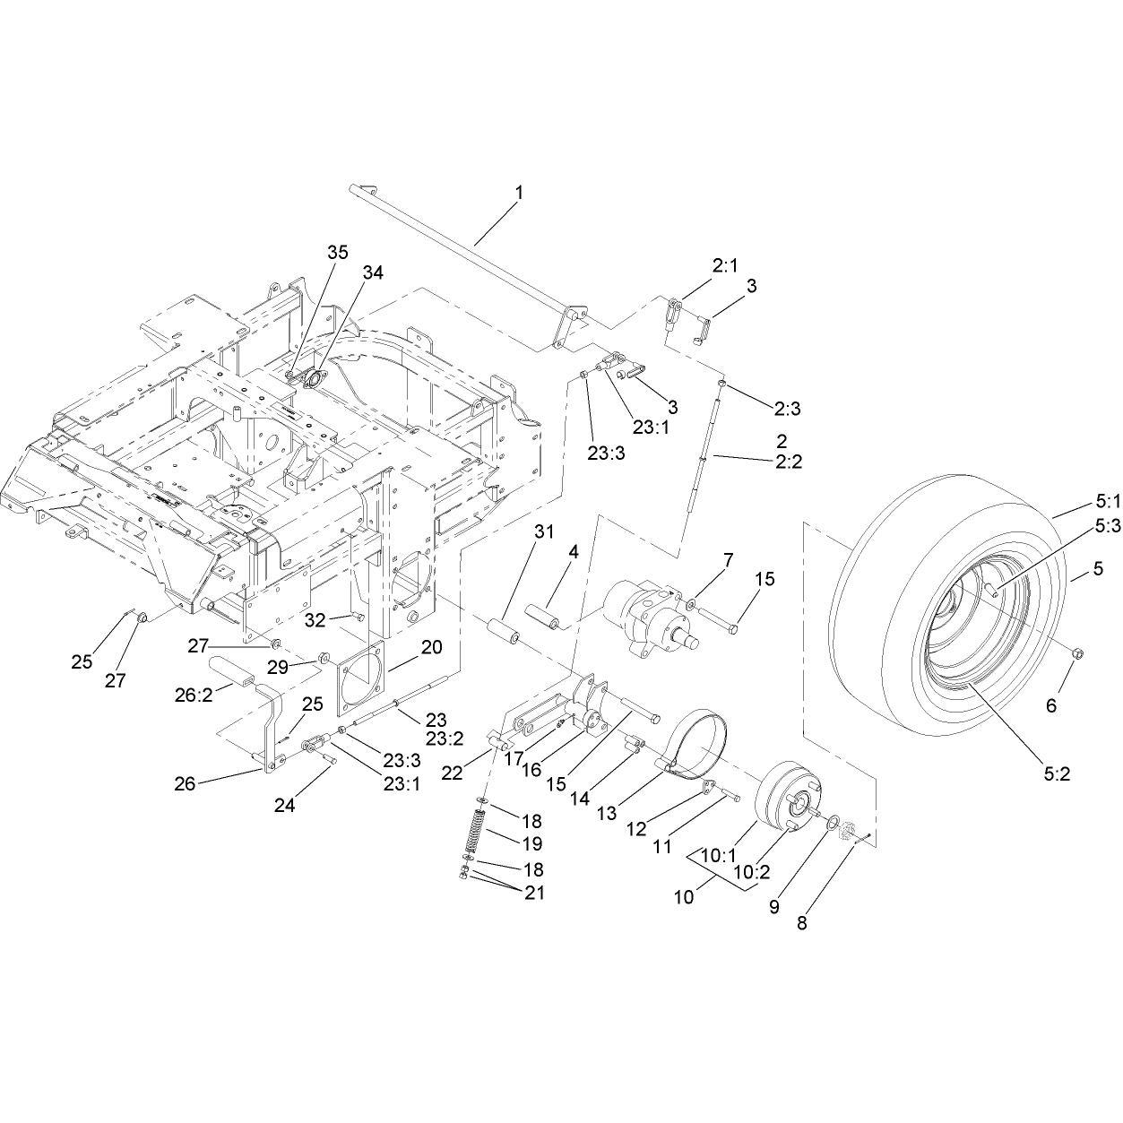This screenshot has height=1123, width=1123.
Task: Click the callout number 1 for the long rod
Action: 519,193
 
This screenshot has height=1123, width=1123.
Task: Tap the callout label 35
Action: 337,253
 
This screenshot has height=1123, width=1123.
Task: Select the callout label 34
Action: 373,272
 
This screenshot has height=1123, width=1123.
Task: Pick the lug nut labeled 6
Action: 1078,654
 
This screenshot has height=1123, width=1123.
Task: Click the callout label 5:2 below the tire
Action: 1057,774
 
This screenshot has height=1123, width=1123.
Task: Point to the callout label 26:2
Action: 194,695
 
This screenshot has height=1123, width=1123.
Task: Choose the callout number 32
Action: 315,620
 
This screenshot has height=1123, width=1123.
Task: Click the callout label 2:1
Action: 725,266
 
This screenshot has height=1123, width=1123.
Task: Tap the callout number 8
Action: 802,924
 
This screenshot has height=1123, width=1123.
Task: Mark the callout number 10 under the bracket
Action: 684,897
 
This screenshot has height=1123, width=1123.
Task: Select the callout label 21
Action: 534,893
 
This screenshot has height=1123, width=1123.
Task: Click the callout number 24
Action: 285,805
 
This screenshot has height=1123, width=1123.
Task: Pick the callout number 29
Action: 278,668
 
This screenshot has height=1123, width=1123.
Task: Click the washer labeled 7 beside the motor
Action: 691,604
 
